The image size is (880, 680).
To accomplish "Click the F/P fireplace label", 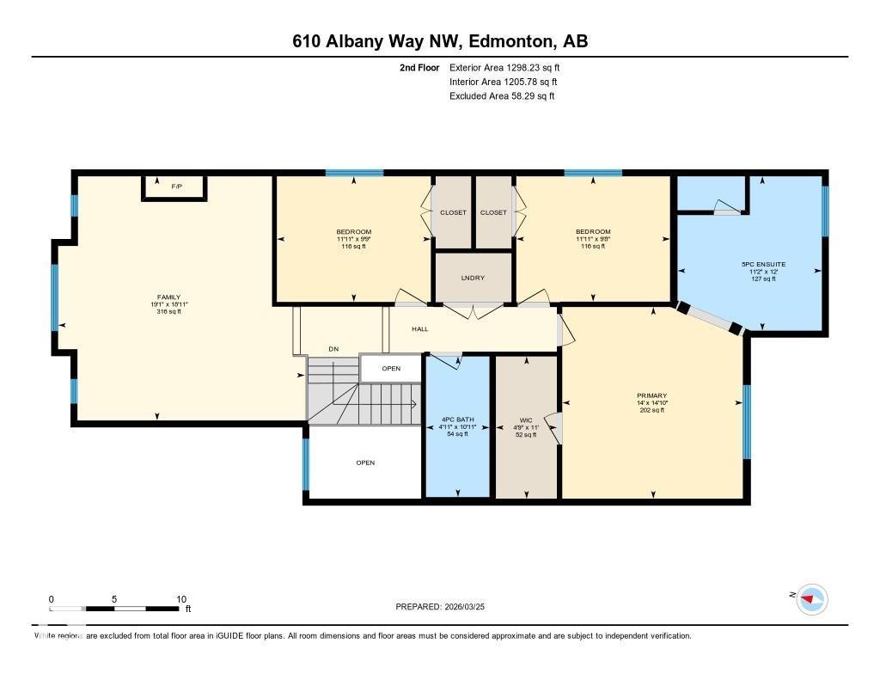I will click(175, 186).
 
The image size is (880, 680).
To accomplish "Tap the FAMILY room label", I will click(168, 297).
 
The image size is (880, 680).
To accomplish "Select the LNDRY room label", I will click(473, 278).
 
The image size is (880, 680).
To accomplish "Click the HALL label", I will click(419, 329).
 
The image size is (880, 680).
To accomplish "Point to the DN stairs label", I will click(333, 349).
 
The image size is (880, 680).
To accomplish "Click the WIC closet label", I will click(526, 420).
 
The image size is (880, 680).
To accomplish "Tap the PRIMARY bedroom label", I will click(652, 395).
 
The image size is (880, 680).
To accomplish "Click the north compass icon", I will click(810, 599).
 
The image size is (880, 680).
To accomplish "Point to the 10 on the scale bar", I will click(181, 599).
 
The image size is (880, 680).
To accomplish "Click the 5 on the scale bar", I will click(114, 599).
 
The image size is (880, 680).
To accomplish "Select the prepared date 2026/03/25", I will click(472, 607).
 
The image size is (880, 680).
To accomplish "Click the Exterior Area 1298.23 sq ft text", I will click(504, 67).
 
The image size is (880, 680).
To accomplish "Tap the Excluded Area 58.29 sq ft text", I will click(502, 96).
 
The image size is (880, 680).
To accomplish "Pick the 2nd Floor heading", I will click(419, 67).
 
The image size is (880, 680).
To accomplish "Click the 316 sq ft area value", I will click(168, 312).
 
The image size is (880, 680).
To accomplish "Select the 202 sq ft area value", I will click(652, 410).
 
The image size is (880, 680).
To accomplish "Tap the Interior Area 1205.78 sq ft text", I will click(504, 82).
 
